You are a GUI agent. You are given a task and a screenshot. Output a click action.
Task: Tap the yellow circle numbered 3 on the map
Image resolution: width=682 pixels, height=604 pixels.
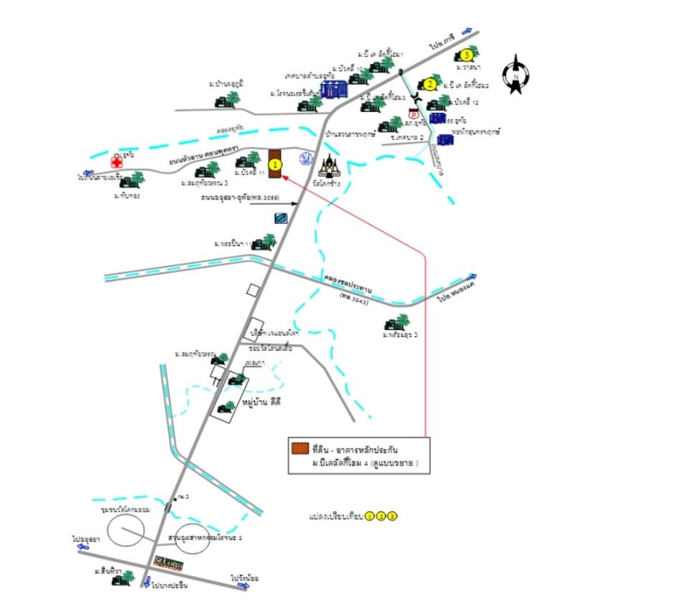(x=467, y=55)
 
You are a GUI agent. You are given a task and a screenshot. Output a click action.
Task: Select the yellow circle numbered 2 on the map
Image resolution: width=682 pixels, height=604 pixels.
(x=429, y=84)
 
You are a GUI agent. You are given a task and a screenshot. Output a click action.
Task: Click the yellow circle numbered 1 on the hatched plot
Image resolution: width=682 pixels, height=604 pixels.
(x=274, y=164)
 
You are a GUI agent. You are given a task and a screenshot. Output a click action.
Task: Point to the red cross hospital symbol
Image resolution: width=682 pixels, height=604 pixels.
(x=116, y=163)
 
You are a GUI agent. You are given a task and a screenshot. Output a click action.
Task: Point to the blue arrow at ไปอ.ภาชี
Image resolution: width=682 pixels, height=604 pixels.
(x=468, y=31)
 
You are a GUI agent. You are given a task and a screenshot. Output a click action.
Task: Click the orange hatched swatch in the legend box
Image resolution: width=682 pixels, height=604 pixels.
(x=299, y=449)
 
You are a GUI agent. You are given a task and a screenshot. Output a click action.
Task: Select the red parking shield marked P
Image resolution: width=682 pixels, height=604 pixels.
(x=413, y=113)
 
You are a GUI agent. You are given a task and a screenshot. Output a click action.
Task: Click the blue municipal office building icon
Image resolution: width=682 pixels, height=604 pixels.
(x=333, y=89)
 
